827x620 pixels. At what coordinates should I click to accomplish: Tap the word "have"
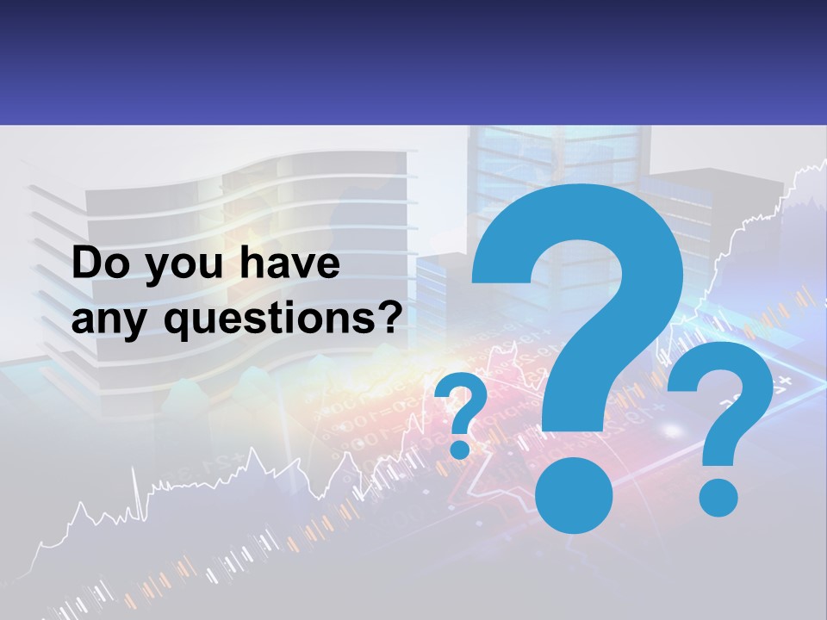289,264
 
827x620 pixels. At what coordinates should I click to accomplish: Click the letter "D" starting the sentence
85,264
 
